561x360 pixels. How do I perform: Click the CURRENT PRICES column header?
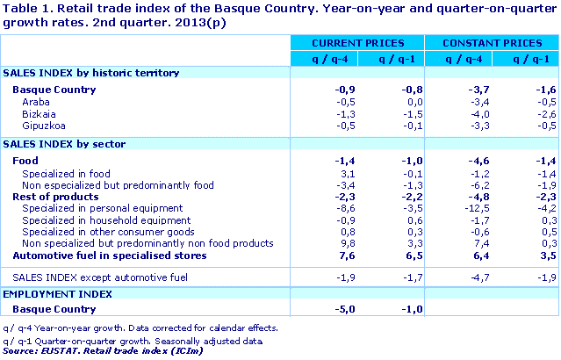(357, 42)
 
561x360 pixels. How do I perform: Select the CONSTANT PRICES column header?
(492, 42)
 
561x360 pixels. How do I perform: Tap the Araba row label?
(35, 102)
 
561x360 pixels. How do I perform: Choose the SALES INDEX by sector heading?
(64, 143)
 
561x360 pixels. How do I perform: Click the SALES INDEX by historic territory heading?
(91, 72)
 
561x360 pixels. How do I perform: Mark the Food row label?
(26, 161)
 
